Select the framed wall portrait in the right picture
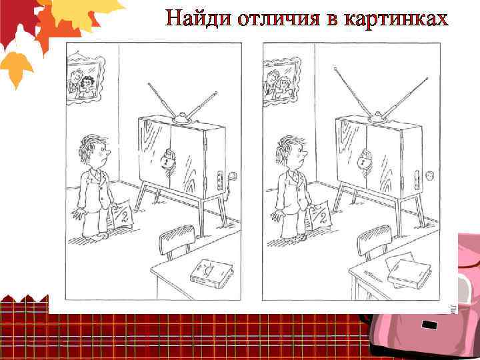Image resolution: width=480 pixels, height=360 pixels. [x=279, y=79]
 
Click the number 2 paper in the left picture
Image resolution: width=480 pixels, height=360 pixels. [x=122, y=215]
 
